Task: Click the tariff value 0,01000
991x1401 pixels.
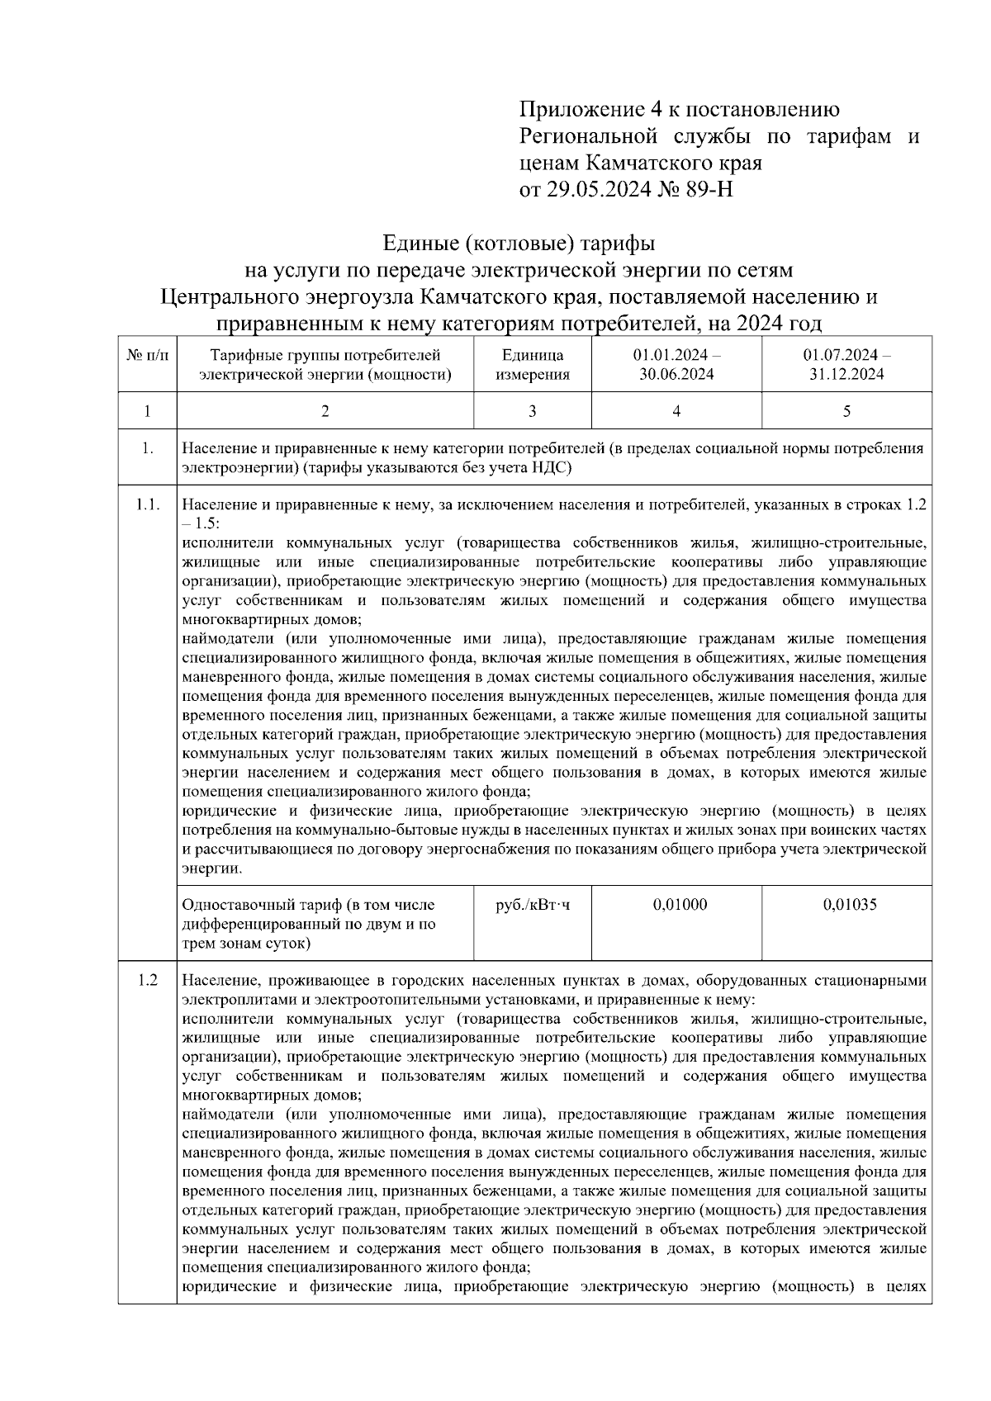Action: coord(680,905)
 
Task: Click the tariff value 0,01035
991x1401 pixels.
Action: coord(850,905)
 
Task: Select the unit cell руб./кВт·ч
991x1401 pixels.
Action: coord(533,905)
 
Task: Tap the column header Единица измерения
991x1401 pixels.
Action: coord(533,365)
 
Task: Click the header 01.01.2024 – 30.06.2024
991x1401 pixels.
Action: coord(676,365)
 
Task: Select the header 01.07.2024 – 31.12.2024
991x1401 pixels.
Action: coord(846,365)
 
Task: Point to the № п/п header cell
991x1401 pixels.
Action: coord(147,356)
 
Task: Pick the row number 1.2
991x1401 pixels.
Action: coord(147,981)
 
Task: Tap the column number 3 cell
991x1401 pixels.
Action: coord(533,411)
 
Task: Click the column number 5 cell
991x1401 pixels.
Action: coord(846,411)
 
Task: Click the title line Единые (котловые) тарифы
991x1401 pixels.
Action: coord(519,244)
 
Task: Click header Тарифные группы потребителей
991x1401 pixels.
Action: coord(325,356)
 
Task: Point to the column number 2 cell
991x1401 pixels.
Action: coord(325,411)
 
